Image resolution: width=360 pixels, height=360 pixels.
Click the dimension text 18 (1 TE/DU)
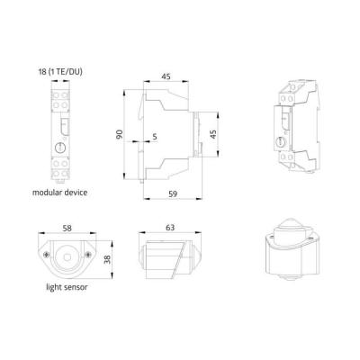click(x=60, y=72)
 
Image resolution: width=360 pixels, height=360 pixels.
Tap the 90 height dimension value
click(x=120, y=134)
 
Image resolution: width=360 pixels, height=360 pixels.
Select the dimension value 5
click(x=155, y=137)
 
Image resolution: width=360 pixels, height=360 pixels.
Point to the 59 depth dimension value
click(x=173, y=193)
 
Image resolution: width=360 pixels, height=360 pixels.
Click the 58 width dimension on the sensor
click(x=67, y=229)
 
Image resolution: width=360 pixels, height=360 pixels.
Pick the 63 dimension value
click(x=170, y=228)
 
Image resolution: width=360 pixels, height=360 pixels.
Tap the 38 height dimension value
click(x=107, y=259)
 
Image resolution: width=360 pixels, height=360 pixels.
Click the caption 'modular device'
click(x=60, y=193)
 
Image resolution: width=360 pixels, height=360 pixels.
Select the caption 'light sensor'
click(x=67, y=287)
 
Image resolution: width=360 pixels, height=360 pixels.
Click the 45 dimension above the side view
click(x=166, y=76)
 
